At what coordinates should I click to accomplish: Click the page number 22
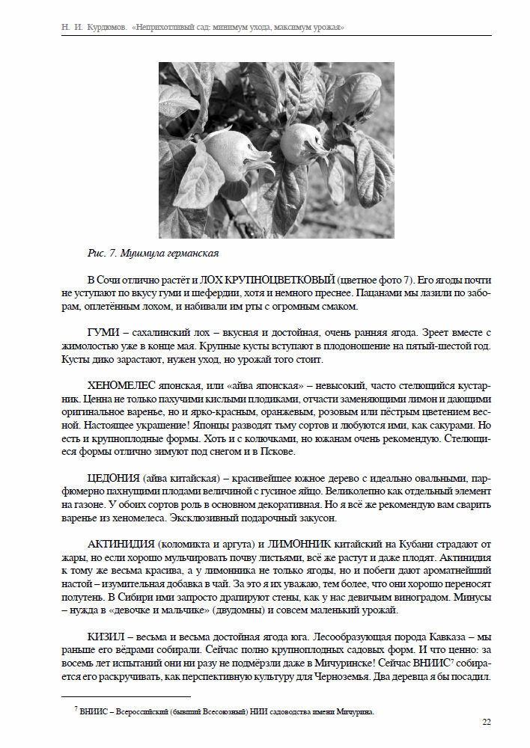pyautogui.click(x=486, y=723)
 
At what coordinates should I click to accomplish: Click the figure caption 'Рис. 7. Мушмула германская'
pyautogui.click(x=153, y=252)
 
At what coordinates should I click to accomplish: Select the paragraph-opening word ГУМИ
pyautogui.click(x=103, y=332)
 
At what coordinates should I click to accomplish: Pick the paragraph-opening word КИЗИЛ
pyautogui.click(x=106, y=636)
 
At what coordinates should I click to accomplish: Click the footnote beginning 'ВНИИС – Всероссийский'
pyautogui.click(x=225, y=711)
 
